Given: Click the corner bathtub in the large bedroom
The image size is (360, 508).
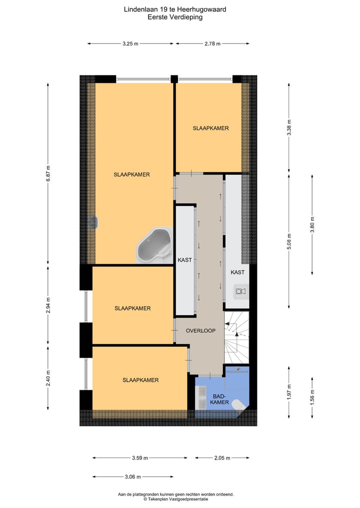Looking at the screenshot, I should [153, 245].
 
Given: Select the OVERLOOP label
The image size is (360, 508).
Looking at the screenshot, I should [200, 331].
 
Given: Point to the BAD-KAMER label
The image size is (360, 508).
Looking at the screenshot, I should [220, 398].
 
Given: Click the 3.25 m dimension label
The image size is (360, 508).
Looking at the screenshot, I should [130, 44].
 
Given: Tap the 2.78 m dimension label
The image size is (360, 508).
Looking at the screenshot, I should [212, 44].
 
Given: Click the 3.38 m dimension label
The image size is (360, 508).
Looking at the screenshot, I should [289, 128].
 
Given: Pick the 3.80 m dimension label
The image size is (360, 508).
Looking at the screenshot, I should [312, 224].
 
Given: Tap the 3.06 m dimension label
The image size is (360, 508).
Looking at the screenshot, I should [132, 477].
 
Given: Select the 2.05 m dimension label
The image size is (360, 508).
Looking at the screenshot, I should [222, 458].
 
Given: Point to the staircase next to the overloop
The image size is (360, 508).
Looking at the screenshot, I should [236, 337].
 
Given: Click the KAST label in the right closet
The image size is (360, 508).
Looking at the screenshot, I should [238, 272].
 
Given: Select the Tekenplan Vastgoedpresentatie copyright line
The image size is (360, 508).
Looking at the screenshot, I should [175, 499].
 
